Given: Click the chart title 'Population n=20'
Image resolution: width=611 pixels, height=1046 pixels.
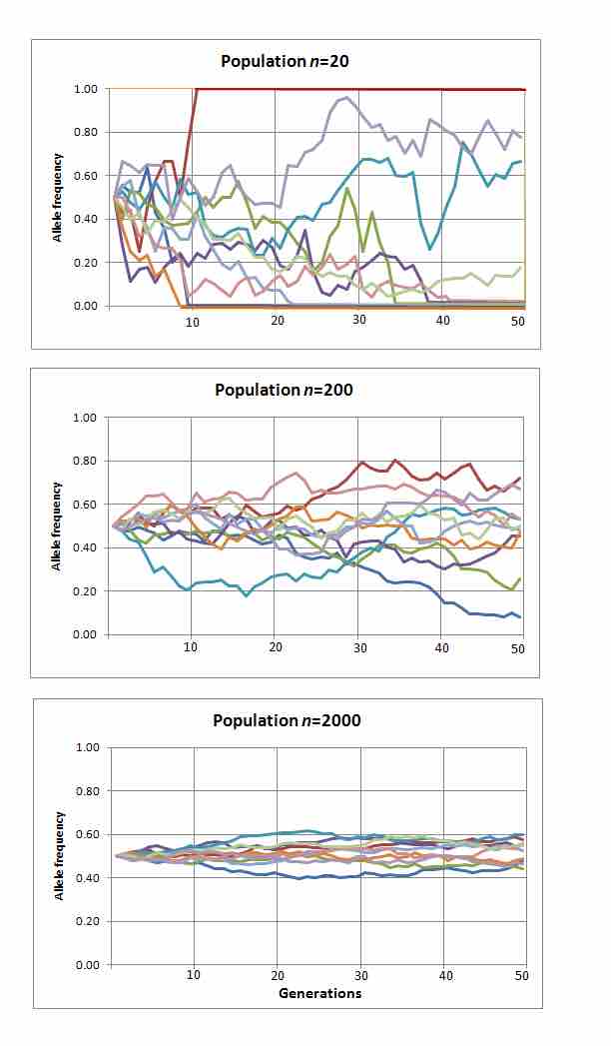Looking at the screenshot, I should [286, 61].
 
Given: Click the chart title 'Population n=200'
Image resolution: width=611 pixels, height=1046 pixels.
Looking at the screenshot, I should [286, 390].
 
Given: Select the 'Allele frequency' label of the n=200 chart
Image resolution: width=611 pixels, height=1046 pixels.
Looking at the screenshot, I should [58, 525].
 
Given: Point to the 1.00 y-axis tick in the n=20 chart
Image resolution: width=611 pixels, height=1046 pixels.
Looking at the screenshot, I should [85, 89].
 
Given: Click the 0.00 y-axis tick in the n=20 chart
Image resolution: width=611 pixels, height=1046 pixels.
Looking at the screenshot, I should [85, 306].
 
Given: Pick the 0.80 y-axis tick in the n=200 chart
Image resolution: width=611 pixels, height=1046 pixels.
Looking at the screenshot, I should [85, 461].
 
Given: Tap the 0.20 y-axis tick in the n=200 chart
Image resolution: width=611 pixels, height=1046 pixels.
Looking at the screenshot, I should [85, 591].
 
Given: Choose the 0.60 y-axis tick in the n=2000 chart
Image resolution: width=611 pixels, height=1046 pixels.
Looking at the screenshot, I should [85, 834].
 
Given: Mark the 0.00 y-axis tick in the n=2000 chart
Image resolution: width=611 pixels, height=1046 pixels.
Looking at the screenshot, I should [85, 965].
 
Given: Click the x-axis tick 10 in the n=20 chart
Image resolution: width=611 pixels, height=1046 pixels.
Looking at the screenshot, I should [192, 321].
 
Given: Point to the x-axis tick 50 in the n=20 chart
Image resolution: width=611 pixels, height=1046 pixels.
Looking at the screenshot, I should [517, 321].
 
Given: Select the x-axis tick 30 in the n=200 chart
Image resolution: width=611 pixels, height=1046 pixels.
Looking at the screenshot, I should [360, 647].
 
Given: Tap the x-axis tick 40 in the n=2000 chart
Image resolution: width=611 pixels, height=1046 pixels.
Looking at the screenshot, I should [444, 975].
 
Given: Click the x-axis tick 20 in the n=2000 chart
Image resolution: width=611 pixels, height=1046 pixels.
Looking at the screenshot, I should [277, 975].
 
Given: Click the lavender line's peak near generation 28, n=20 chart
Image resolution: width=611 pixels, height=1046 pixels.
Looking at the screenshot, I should [345, 98].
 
